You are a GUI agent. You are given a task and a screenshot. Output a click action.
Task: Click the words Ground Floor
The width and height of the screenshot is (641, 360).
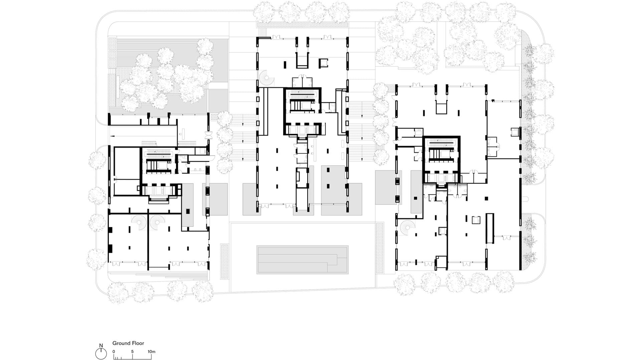128,343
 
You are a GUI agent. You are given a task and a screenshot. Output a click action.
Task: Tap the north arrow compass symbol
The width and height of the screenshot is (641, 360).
101,353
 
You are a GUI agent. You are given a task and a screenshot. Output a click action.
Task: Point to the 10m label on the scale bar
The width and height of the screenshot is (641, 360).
152,351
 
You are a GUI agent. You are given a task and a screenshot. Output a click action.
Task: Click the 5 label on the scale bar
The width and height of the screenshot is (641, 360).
133,351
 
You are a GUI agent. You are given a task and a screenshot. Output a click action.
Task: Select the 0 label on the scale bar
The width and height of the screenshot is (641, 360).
114,351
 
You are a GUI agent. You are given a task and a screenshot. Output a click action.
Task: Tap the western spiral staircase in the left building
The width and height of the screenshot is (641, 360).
138,222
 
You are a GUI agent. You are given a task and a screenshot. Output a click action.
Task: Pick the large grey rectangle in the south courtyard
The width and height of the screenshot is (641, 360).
302,260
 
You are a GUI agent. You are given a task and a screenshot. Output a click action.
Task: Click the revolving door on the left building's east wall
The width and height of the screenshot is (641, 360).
209,135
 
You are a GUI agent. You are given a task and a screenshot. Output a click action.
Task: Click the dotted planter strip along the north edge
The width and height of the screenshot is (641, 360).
301,25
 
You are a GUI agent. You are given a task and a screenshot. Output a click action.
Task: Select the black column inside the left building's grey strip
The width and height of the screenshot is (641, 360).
188,211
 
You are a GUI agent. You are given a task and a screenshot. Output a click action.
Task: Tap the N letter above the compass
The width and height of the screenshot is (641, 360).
101,346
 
